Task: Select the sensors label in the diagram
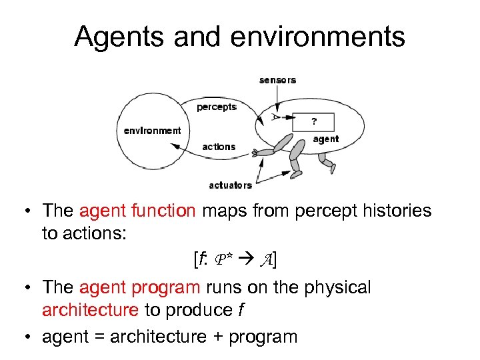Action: (x=277, y=80)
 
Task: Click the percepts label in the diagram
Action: (x=217, y=107)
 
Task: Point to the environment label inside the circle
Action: (x=152, y=131)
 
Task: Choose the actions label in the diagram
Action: (x=219, y=147)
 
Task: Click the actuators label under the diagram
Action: (x=230, y=185)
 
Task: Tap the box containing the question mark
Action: (x=314, y=122)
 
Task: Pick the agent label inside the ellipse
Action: (x=325, y=139)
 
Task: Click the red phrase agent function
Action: (x=137, y=211)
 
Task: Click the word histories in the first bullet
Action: (x=389, y=211)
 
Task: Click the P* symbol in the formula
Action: (x=223, y=261)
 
